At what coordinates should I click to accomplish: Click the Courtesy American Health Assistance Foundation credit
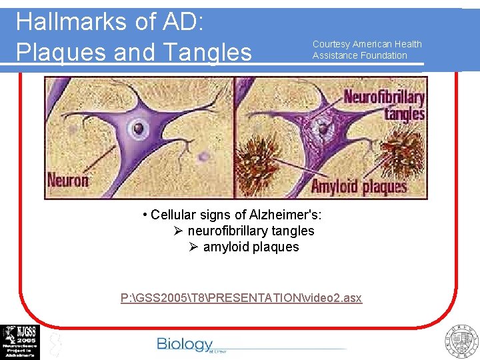pyautogui.click(x=367, y=49)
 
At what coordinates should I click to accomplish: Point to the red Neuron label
pyautogui.click(x=68, y=181)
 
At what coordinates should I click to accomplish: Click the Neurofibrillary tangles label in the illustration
pyautogui.click(x=384, y=105)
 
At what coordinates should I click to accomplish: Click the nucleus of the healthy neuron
pyautogui.click(x=139, y=128)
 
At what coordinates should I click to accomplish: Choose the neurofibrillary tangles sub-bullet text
pyautogui.click(x=251, y=231)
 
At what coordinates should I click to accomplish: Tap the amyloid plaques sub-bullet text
pyautogui.click(x=251, y=247)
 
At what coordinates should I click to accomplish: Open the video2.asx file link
pyautogui.click(x=241, y=297)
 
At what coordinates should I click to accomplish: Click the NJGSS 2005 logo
pyautogui.click(x=19, y=341)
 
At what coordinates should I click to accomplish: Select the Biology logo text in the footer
pyautogui.click(x=185, y=344)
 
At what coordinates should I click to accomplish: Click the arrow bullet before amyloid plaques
pyautogui.click(x=193, y=247)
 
